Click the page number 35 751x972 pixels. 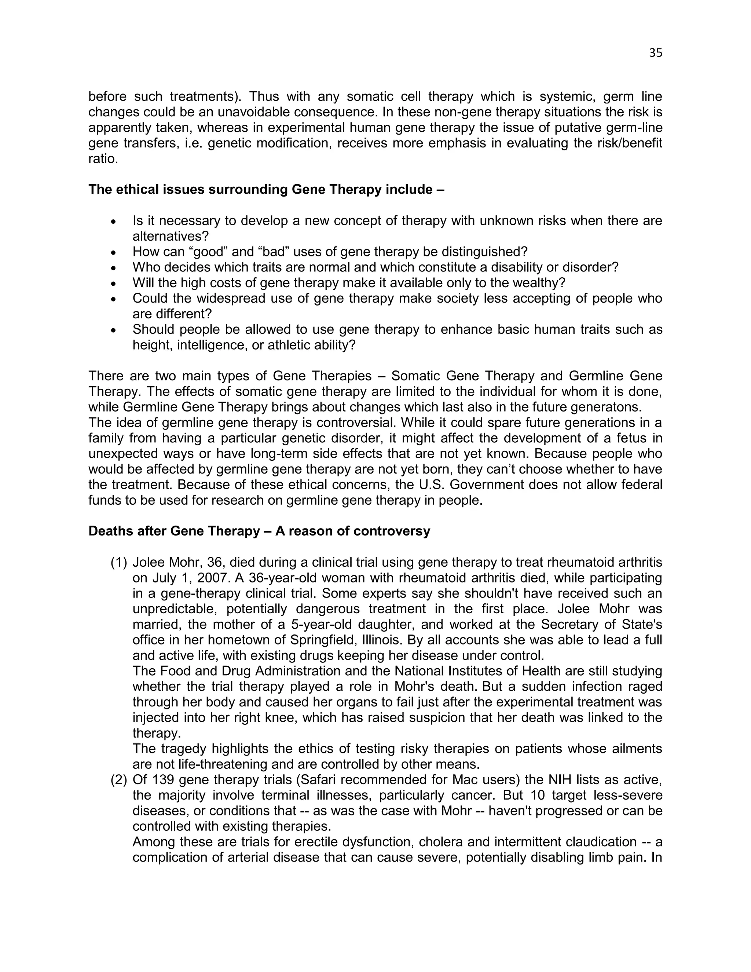(655, 53)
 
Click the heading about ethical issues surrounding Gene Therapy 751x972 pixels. (266, 190)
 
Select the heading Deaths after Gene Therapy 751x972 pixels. (259, 531)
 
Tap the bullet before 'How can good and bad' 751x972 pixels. (114, 252)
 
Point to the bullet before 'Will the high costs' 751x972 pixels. (114, 284)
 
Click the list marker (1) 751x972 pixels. (119, 563)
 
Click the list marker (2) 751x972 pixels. (119, 780)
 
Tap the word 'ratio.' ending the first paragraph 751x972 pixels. (103, 159)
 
